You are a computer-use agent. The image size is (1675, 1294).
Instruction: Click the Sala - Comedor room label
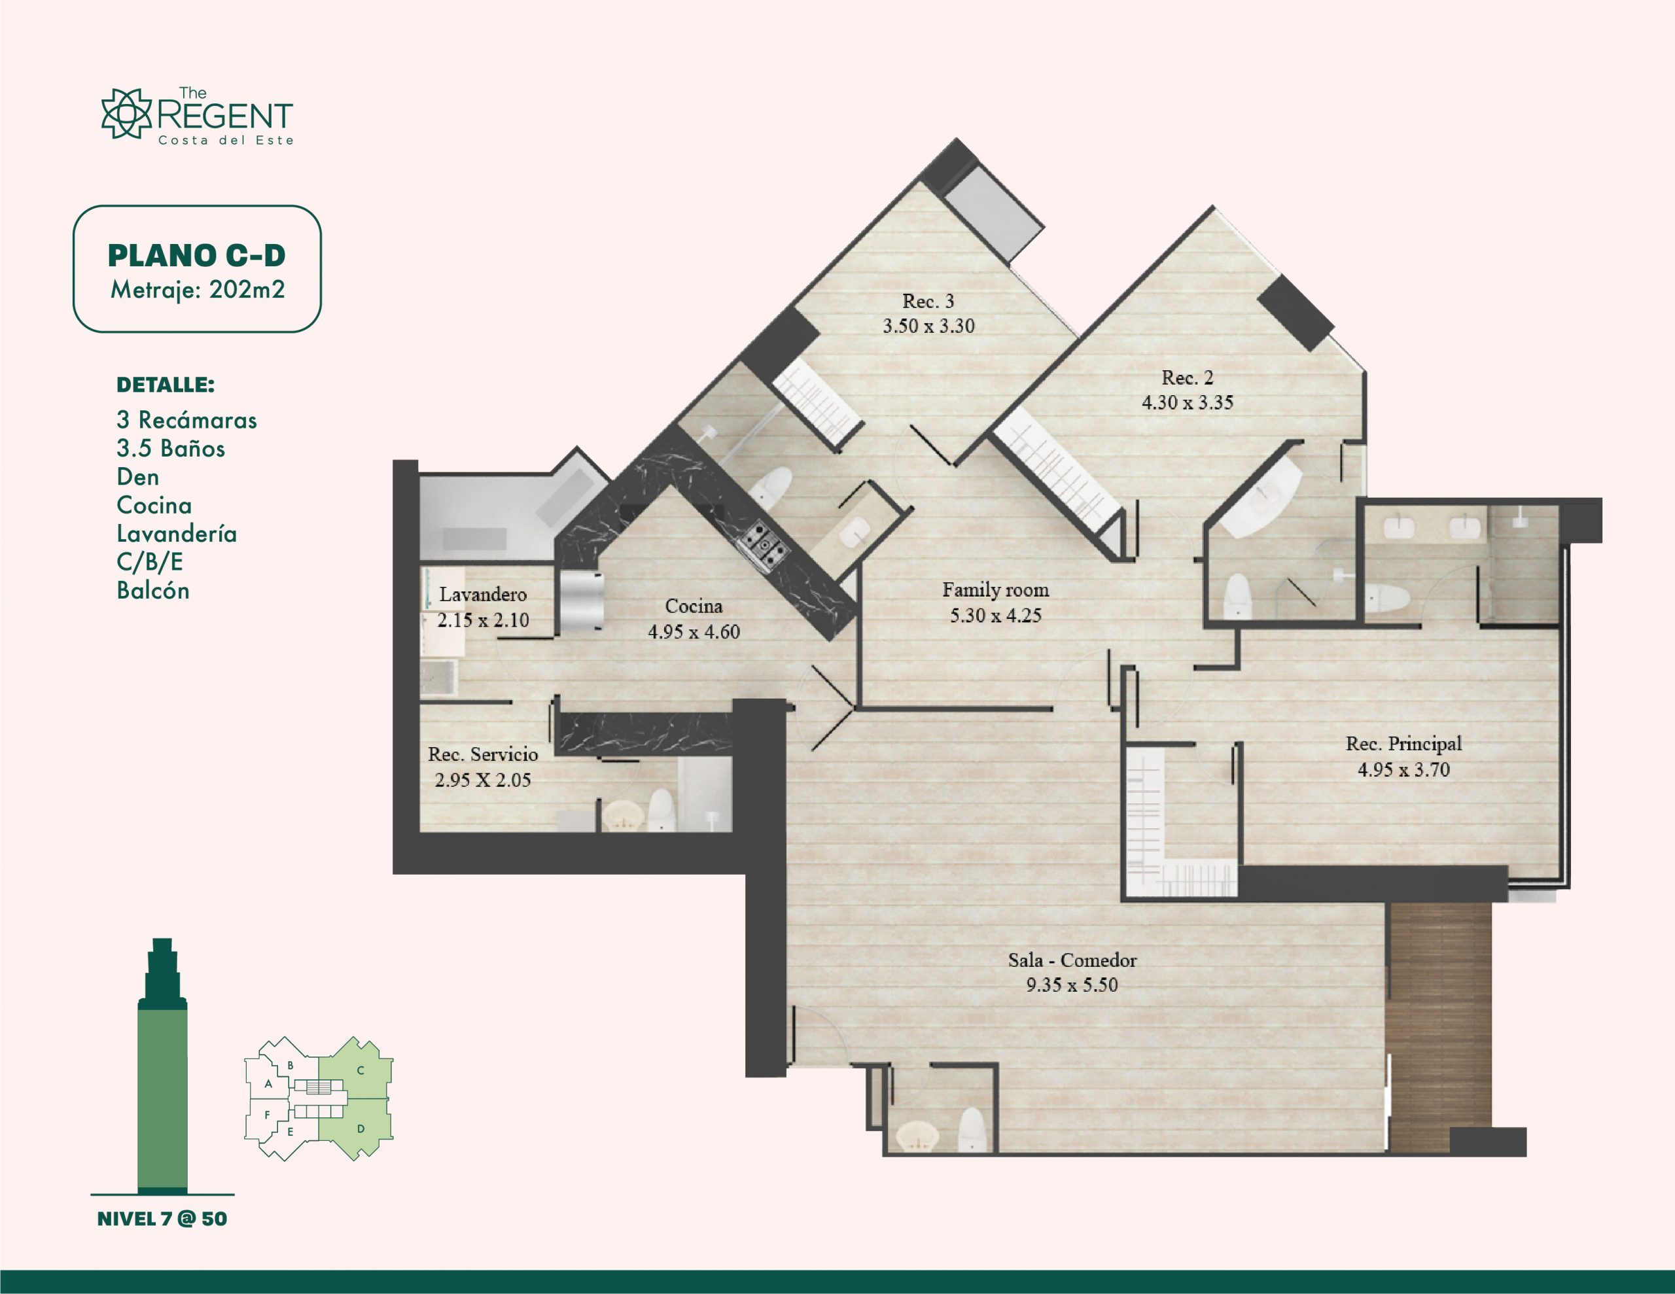pyautogui.click(x=1072, y=960)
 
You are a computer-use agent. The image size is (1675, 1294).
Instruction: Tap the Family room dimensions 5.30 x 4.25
pyautogui.click(x=995, y=615)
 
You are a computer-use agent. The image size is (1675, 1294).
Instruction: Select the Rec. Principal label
pyautogui.click(x=1403, y=743)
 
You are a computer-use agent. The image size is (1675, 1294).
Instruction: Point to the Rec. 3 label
pyautogui.click(x=928, y=302)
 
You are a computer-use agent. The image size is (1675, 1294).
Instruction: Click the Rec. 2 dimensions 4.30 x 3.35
pyautogui.click(x=1188, y=403)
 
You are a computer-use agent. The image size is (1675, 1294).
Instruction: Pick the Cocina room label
pyautogui.click(x=694, y=606)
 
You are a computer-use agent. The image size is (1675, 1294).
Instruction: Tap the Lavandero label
pyautogui.click(x=482, y=595)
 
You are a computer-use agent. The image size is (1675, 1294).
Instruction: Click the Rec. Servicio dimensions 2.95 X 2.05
pyautogui.click(x=482, y=780)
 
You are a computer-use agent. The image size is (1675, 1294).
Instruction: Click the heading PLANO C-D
pyautogui.click(x=196, y=255)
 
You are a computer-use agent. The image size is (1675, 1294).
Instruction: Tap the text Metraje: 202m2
pyautogui.click(x=197, y=290)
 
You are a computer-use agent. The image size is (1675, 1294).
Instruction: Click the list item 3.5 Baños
pyautogui.click(x=170, y=448)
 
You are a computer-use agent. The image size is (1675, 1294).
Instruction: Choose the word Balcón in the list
pyautogui.click(x=152, y=590)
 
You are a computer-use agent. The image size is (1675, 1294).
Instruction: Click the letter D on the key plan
pyautogui.click(x=361, y=1129)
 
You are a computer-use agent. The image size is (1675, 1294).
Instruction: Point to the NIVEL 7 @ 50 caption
pyautogui.click(x=162, y=1219)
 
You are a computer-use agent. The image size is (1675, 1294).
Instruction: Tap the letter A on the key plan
pyautogui.click(x=268, y=1084)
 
